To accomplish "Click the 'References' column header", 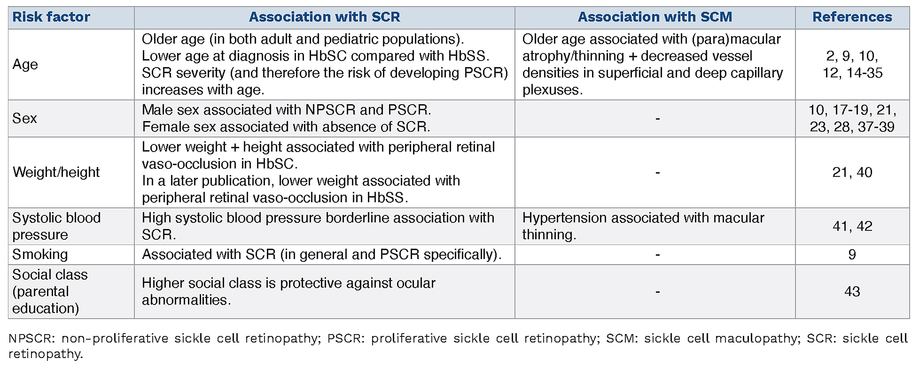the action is (852, 17).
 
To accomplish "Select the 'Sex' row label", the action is (24, 118).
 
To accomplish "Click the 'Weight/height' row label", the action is (56, 172).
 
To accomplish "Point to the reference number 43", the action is (852, 291).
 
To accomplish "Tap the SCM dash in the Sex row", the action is (657, 119).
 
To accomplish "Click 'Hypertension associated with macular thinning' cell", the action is (643, 226).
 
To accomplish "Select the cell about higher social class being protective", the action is (289, 291).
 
